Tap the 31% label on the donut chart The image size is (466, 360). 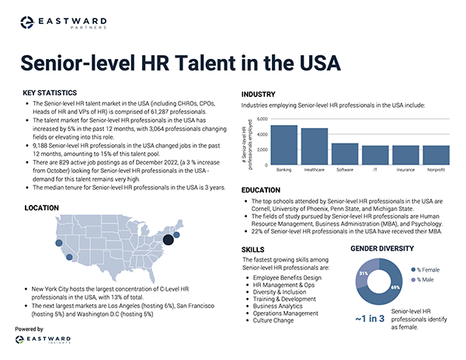[x=363, y=274]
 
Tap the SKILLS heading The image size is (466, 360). [x=253, y=249]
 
